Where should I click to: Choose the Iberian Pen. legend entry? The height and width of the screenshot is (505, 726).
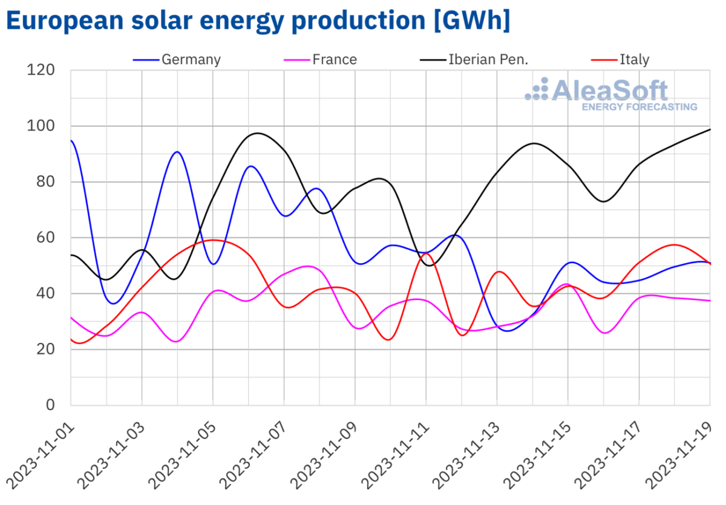[x=489, y=59]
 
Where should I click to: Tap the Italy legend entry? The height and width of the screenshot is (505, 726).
[x=634, y=59]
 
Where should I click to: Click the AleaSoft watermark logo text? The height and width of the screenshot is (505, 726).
[x=610, y=91]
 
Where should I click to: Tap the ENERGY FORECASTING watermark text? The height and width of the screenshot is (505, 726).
[x=639, y=107]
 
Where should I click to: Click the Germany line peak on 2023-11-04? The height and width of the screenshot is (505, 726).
[x=177, y=152]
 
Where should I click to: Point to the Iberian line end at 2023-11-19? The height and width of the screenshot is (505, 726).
[x=710, y=129]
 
